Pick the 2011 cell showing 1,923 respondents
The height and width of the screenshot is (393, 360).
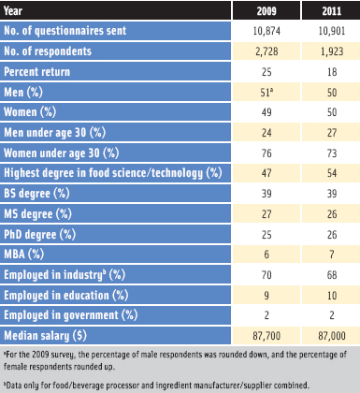(x=327, y=51)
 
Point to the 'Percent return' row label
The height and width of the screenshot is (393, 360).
(x=43, y=72)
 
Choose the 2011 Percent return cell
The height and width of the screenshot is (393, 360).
(x=327, y=72)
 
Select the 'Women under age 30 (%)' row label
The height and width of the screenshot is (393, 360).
(x=68, y=152)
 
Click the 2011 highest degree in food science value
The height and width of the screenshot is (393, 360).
(x=327, y=173)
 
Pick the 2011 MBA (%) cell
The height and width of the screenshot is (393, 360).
(x=327, y=255)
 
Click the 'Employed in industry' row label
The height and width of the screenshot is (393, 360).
(x=66, y=275)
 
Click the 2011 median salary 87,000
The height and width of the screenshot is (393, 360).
(x=327, y=336)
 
